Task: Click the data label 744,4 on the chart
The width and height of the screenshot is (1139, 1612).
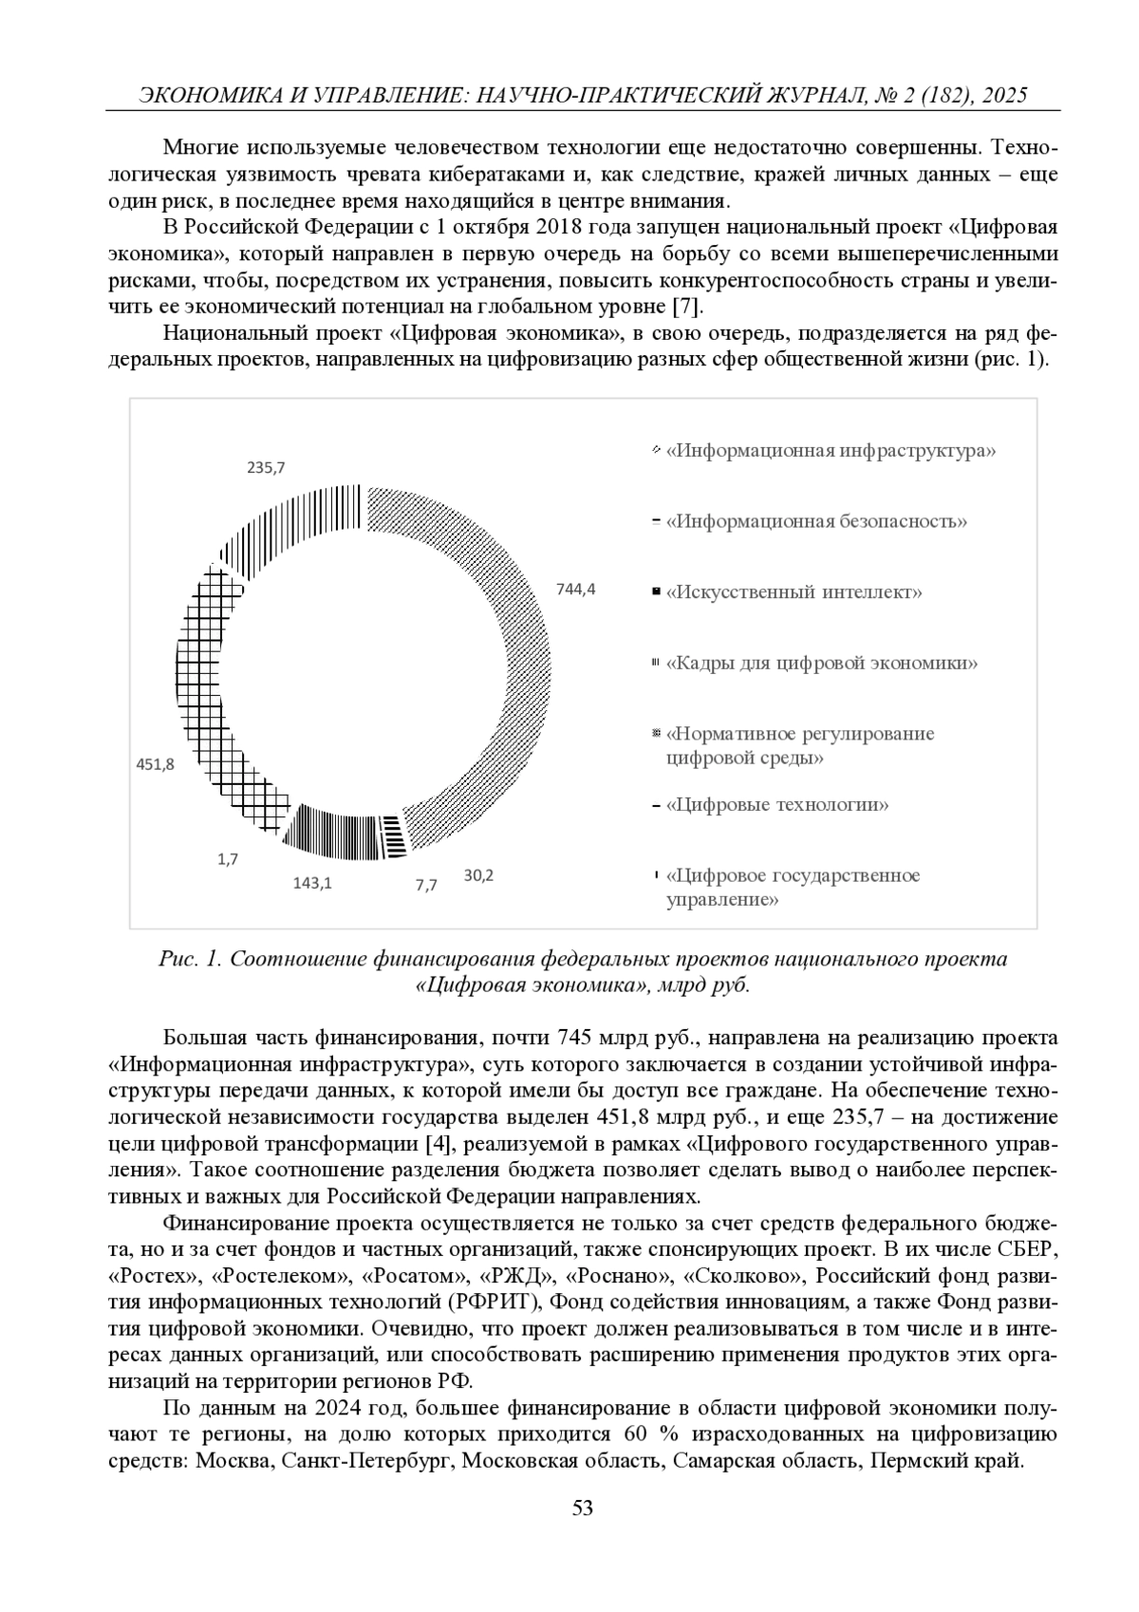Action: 576,590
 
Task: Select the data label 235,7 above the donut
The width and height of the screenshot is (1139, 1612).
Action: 267,467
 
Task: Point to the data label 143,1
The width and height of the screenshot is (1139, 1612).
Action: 312,883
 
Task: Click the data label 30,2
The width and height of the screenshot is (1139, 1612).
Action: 478,875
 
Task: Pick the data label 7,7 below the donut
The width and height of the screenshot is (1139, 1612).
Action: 426,885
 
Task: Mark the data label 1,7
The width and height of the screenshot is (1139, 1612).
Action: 228,859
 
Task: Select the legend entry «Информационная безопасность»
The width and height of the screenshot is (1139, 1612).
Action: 816,521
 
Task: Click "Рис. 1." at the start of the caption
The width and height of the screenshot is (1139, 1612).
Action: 191,959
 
